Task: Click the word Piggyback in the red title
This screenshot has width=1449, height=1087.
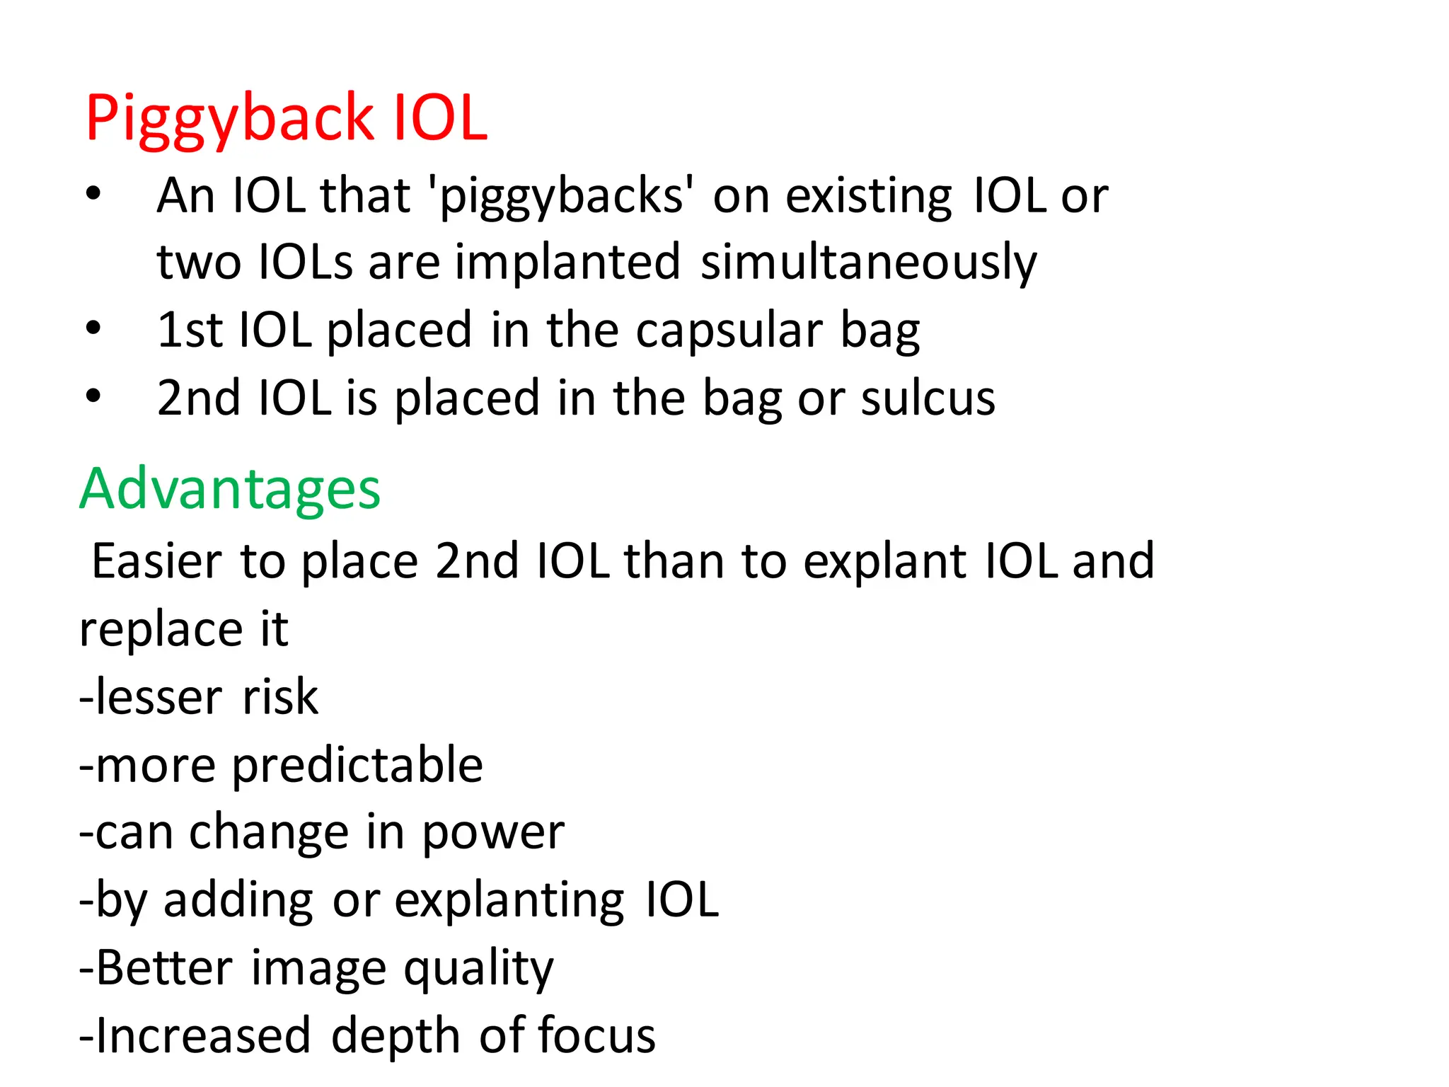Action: click(229, 119)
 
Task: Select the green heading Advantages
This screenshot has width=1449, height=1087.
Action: click(229, 489)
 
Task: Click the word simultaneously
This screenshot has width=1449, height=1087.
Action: click(868, 263)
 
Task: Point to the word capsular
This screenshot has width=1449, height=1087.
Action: click(729, 330)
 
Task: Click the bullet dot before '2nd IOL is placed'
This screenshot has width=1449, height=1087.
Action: click(93, 396)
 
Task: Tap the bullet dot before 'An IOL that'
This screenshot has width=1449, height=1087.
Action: click(93, 193)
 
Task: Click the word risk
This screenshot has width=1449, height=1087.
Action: click(280, 697)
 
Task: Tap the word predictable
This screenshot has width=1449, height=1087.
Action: click(357, 766)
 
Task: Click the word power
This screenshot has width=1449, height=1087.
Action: click(493, 834)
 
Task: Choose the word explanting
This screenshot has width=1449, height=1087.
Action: click(509, 902)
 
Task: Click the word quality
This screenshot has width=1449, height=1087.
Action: click(478, 970)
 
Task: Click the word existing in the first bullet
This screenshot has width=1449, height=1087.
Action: click(869, 196)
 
